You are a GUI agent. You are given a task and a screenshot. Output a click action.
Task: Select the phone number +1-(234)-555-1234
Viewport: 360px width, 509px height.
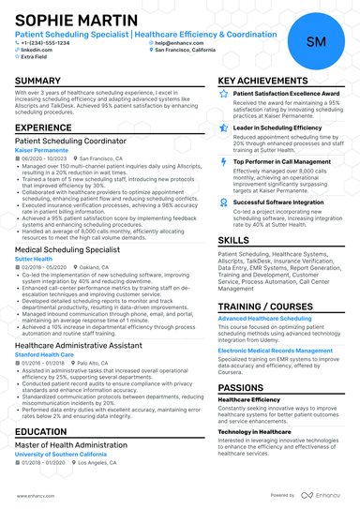tap(46, 42)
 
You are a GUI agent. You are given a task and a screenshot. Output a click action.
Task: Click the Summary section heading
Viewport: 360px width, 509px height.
tap(38, 82)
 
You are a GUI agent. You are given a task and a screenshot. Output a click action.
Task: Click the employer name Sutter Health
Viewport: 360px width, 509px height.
tap(33, 260)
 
